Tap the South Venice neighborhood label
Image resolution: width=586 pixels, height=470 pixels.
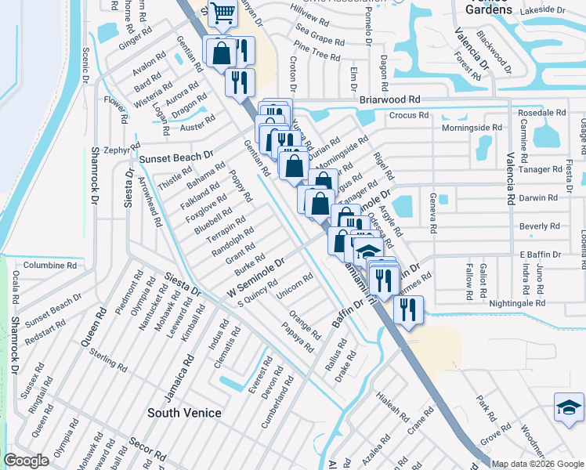tap(185, 413)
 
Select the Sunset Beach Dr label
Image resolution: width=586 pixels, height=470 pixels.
tap(176, 158)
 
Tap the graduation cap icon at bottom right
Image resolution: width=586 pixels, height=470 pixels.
tap(570, 408)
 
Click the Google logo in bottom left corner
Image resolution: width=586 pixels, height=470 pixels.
tap(26, 461)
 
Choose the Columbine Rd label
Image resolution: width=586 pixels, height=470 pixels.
tap(49, 266)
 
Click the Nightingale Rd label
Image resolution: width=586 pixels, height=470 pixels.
tap(516, 303)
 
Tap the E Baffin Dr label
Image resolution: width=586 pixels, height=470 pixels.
tap(541, 255)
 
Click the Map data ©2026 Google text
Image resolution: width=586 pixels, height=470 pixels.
tap(537, 464)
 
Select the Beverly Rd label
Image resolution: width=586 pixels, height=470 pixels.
tap(539, 226)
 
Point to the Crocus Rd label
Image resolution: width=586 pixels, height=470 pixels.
tap(409, 115)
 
